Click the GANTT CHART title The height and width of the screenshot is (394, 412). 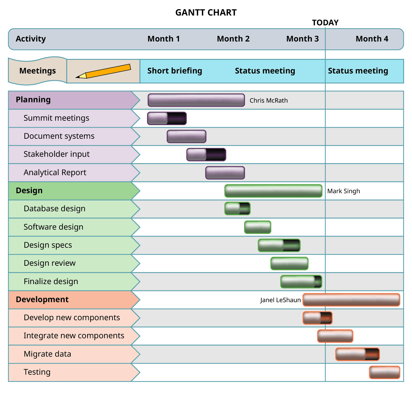[206, 13]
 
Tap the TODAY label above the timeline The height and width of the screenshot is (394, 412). [325, 23]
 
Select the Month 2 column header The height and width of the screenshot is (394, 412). [233, 39]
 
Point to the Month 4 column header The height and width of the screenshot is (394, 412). [372, 39]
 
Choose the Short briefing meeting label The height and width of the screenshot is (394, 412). [175, 71]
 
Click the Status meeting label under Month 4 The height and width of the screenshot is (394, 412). [358, 71]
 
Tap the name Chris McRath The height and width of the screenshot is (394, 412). [269, 101]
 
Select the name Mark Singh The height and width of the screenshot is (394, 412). [344, 191]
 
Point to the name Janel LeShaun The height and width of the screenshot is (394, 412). [280, 300]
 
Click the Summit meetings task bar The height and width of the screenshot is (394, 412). [167, 118]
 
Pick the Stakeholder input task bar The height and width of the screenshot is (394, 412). [206, 155]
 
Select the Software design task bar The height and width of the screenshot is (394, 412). [258, 227]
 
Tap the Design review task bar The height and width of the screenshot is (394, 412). [289, 264]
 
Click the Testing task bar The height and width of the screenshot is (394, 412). [384, 372]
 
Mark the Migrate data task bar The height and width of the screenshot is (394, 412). [357, 354]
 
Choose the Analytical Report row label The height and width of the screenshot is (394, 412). [55, 173]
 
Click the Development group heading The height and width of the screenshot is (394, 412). [42, 300]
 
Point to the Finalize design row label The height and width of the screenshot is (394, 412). [51, 282]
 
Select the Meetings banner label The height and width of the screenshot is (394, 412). [37, 71]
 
